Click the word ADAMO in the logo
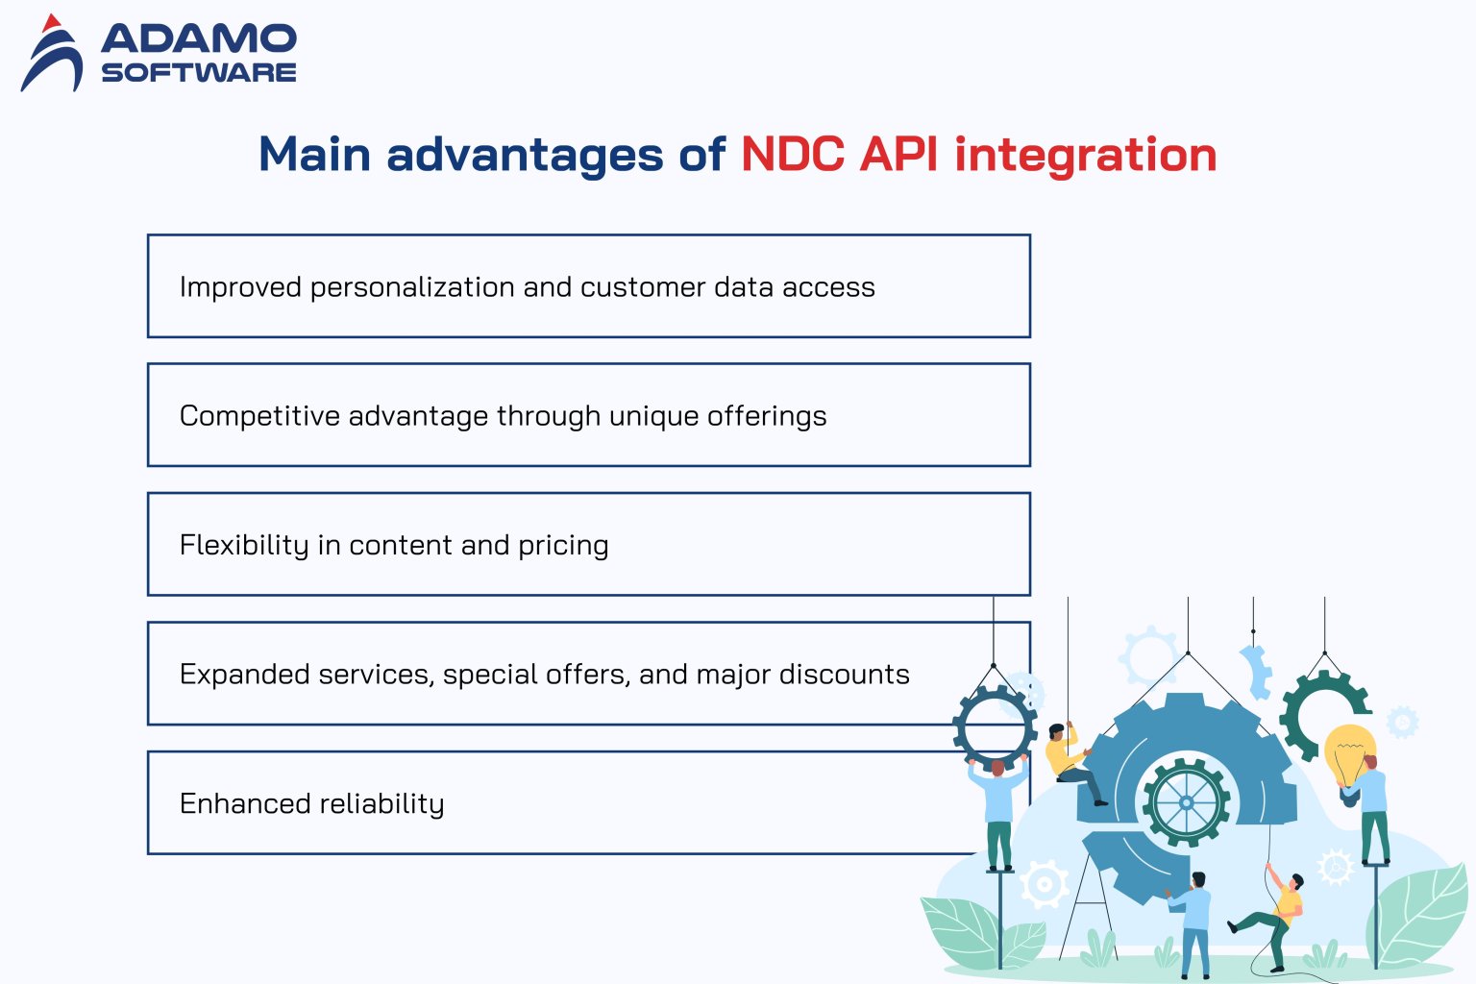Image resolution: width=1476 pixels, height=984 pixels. tap(199, 38)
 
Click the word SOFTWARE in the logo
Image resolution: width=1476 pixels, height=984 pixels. tap(199, 73)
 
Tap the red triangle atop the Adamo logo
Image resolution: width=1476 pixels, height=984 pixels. tap(52, 23)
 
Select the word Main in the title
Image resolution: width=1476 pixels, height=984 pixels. tap(314, 155)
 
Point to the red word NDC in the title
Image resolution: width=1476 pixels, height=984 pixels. tap(793, 155)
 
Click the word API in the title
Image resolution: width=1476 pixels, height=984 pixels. tap(898, 155)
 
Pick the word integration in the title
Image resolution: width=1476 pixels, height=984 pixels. tap(1085, 155)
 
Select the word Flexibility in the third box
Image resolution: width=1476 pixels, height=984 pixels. tap(244, 545)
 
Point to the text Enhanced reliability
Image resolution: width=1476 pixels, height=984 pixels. tap(311, 803)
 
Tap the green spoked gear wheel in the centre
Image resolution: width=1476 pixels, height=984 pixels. tap(1186, 802)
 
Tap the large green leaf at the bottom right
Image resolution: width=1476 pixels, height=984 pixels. tap(1420, 913)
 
